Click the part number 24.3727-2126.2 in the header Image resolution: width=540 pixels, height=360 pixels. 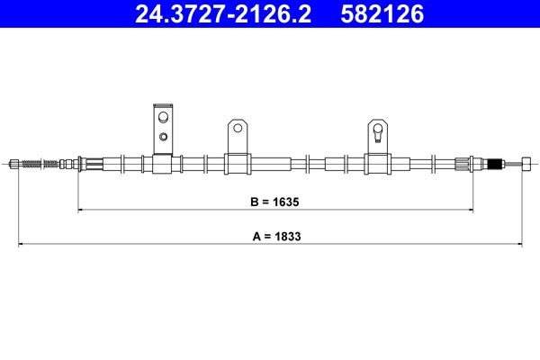[x=223, y=13]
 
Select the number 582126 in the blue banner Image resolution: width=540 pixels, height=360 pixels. [x=382, y=13]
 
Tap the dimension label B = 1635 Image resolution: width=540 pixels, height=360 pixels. [x=274, y=202]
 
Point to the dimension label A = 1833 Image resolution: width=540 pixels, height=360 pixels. [x=276, y=237]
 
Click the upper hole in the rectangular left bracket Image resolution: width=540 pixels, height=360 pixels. [x=163, y=118]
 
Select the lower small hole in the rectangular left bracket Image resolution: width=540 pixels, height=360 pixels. [x=163, y=137]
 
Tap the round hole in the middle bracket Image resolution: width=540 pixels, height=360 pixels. [x=238, y=129]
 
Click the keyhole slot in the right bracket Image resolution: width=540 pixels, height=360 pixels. [x=378, y=132]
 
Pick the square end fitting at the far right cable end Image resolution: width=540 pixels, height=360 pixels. [x=526, y=164]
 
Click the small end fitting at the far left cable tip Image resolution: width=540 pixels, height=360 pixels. [x=14, y=164]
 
